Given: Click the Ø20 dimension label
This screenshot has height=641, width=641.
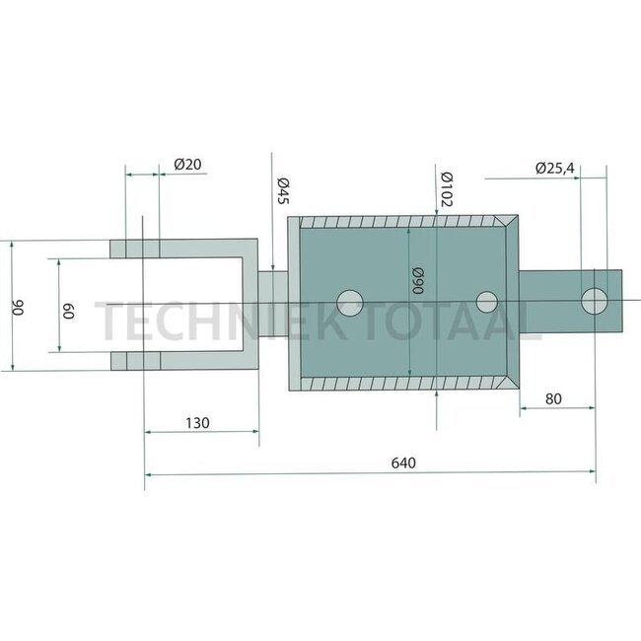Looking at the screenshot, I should pos(188,165).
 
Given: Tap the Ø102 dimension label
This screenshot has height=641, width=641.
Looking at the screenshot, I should pos(445,187).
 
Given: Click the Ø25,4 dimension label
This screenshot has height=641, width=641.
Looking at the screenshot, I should pos(554,169).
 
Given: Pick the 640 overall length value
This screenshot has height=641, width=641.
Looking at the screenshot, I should pos(403,462).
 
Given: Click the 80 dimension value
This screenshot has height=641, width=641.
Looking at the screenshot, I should pos(553,399).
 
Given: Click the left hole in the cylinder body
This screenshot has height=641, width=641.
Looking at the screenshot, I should pos(349,303).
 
